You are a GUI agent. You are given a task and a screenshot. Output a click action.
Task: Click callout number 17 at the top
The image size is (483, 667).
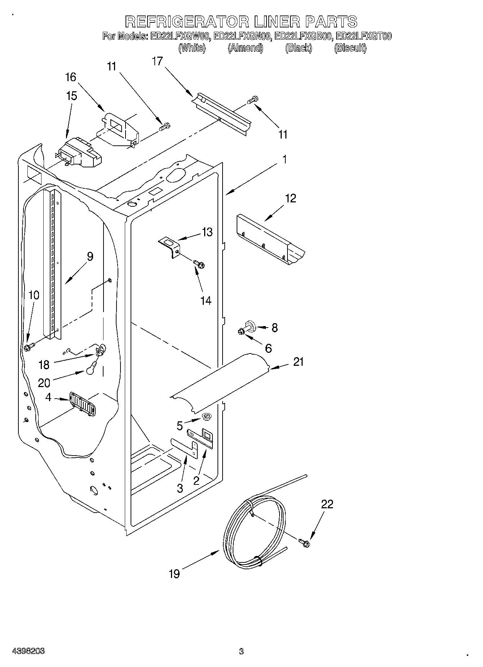pos(157,61)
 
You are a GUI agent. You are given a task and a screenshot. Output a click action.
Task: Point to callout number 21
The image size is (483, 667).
pos(298,361)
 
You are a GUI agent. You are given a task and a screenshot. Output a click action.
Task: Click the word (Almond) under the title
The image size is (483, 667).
pos(245,48)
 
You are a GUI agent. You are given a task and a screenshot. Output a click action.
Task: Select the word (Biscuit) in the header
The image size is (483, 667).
pos(350,48)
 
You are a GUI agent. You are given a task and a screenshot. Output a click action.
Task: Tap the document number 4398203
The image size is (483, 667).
pos(28,651)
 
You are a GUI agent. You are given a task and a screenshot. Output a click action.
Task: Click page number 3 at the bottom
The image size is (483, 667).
pos(241,651)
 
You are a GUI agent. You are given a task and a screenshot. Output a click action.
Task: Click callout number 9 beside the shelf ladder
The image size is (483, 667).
pos(90,256)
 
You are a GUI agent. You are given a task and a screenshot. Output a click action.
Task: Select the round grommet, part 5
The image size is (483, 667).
pos(207,417)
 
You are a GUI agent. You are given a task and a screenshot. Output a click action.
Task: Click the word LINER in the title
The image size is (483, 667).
pos(277,22)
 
